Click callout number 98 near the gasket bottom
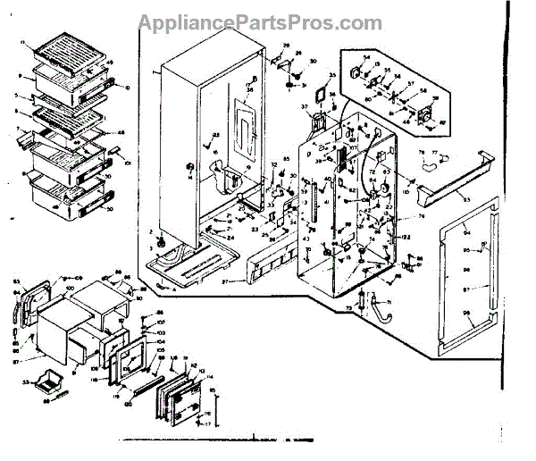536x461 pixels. pyautogui.click(x=465, y=312)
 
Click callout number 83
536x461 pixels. pyautogui.click(x=16, y=284)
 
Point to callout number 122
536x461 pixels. pyautogui.click(x=404, y=236)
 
